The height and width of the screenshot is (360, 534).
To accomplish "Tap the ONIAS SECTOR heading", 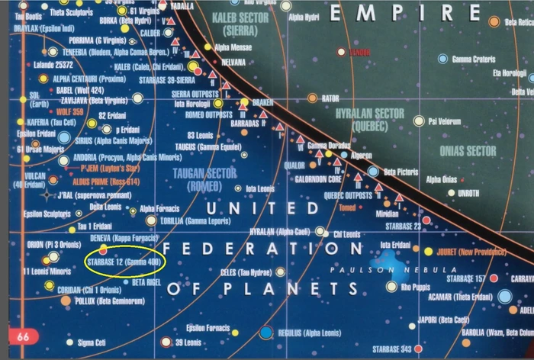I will (x=468, y=151).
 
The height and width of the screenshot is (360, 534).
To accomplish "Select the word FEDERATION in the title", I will (x=264, y=249).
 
